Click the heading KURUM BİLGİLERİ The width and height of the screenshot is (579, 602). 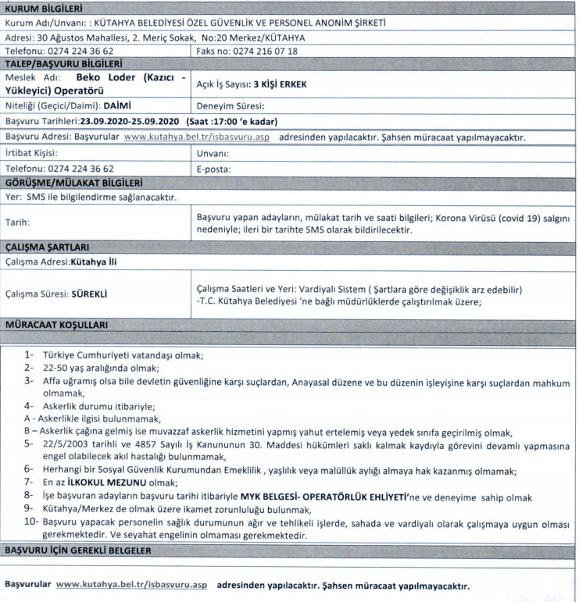[45, 9]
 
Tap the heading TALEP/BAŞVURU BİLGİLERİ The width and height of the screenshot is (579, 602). [63, 64]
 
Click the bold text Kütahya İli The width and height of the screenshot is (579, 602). [95, 262]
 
